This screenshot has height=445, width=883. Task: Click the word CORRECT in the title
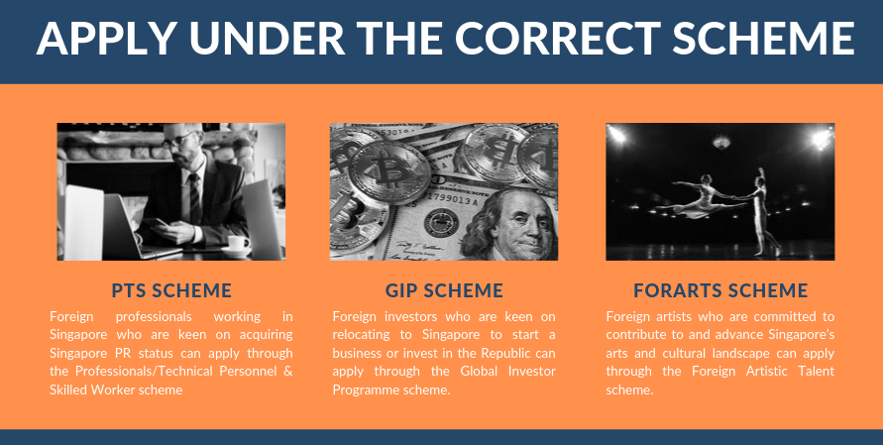point(558,38)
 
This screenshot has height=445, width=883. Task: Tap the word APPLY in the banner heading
point(105,38)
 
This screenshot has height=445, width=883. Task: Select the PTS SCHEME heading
point(171,290)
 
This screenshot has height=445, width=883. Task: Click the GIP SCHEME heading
point(444,290)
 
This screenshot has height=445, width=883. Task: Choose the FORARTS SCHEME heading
point(720,290)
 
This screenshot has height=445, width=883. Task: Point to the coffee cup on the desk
point(237,245)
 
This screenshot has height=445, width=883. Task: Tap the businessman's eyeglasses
point(179,139)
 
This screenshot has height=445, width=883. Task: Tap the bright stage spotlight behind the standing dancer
point(823,138)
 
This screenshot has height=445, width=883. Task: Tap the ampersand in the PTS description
point(288,372)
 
